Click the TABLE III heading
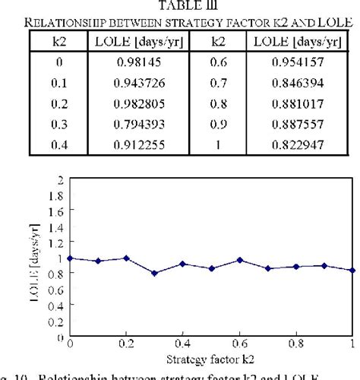click(x=179, y=6)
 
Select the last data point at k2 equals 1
click(x=352, y=270)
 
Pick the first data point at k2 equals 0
click(x=70, y=258)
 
